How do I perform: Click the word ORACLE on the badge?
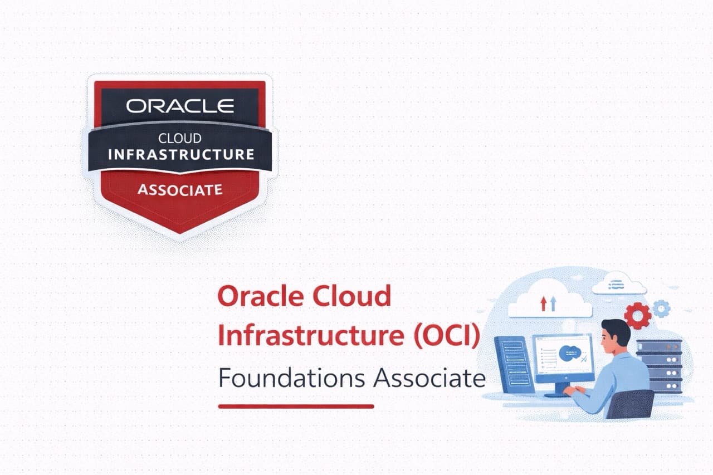point(179,106)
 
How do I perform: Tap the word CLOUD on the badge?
point(179,138)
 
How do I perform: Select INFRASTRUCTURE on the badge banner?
point(180,154)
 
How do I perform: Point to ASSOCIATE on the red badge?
point(179,190)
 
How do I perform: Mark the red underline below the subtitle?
point(296,406)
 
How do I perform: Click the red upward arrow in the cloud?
point(544,303)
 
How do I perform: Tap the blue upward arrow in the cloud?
point(553,303)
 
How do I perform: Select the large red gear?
point(637,315)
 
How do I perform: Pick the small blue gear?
point(661,308)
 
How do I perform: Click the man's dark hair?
point(616,331)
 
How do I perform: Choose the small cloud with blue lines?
point(618,284)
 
